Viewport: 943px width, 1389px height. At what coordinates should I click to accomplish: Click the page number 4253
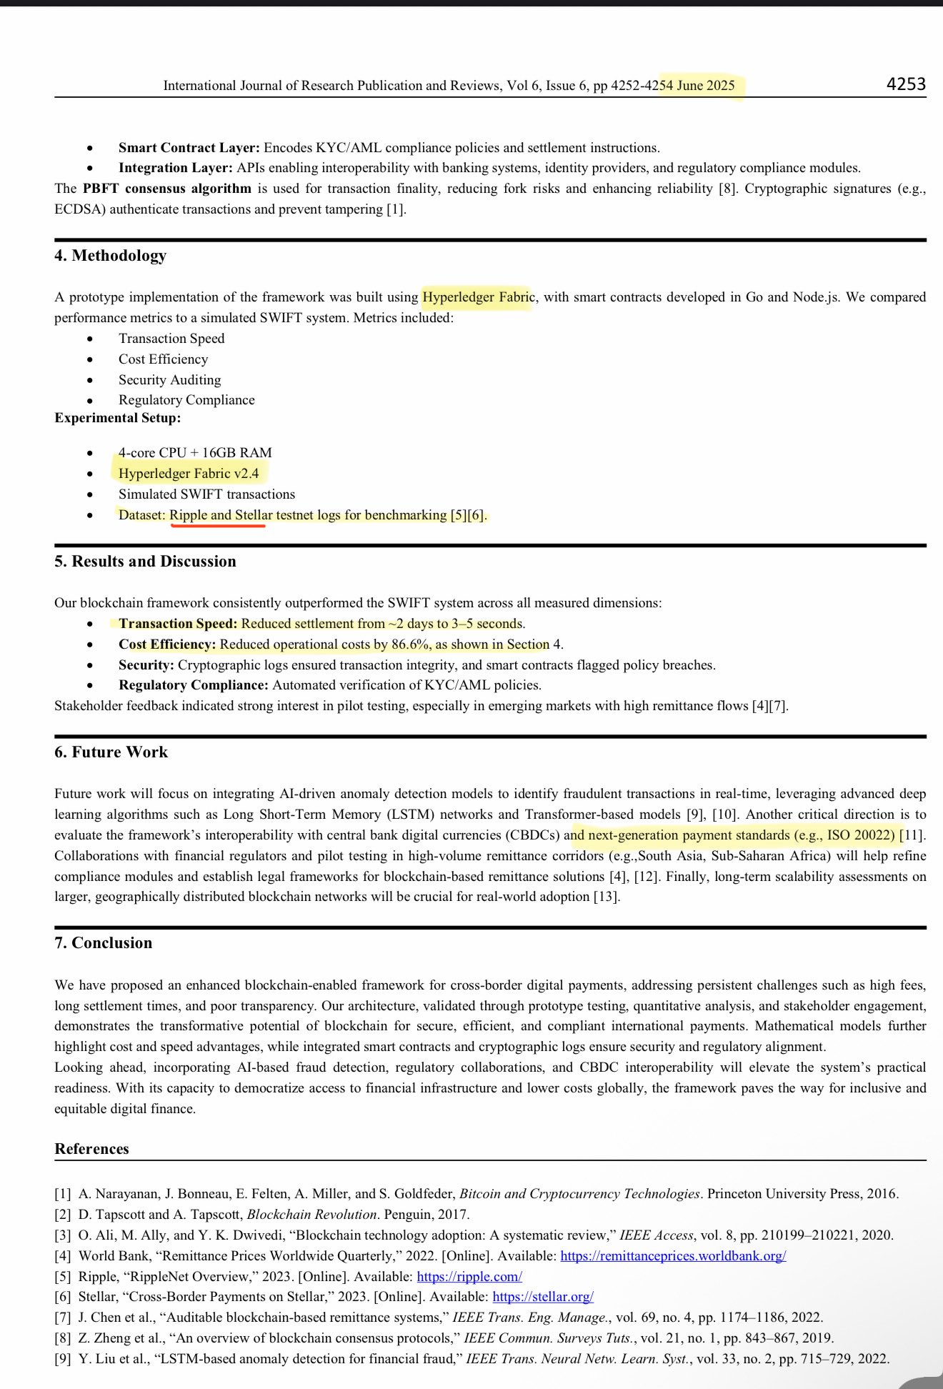click(x=906, y=84)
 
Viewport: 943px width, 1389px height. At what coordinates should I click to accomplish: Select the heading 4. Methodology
click(x=110, y=256)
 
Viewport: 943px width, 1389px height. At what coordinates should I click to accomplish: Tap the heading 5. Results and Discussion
click(x=145, y=562)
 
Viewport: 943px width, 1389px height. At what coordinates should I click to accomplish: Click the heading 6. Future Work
click(x=111, y=752)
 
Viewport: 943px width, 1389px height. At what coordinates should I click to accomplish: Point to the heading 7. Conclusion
click(x=103, y=943)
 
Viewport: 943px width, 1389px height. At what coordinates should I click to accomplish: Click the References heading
click(x=91, y=1149)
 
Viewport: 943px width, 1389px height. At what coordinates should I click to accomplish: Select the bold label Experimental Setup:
click(x=117, y=418)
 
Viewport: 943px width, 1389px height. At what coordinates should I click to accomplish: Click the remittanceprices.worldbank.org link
click(x=673, y=1255)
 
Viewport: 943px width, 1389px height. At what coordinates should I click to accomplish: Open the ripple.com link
click(x=469, y=1276)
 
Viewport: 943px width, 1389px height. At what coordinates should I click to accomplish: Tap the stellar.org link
click(x=543, y=1296)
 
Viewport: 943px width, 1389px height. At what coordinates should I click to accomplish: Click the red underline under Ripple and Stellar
click(x=217, y=526)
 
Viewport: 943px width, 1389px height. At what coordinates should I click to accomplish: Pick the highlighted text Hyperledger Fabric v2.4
click(x=189, y=474)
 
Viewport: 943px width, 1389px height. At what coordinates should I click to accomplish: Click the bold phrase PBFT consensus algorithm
click(x=166, y=189)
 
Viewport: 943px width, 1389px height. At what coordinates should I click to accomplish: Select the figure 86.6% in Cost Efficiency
click(x=411, y=644)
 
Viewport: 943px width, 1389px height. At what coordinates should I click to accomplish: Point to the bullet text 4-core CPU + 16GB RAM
click(x=195, y=453)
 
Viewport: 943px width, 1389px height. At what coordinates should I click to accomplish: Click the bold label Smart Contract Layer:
click(x=189, y=148)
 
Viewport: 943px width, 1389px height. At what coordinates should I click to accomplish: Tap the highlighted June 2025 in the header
click(x=705, y=86)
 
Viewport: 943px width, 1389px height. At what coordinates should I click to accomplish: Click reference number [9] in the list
click(x=63, y=1359)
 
